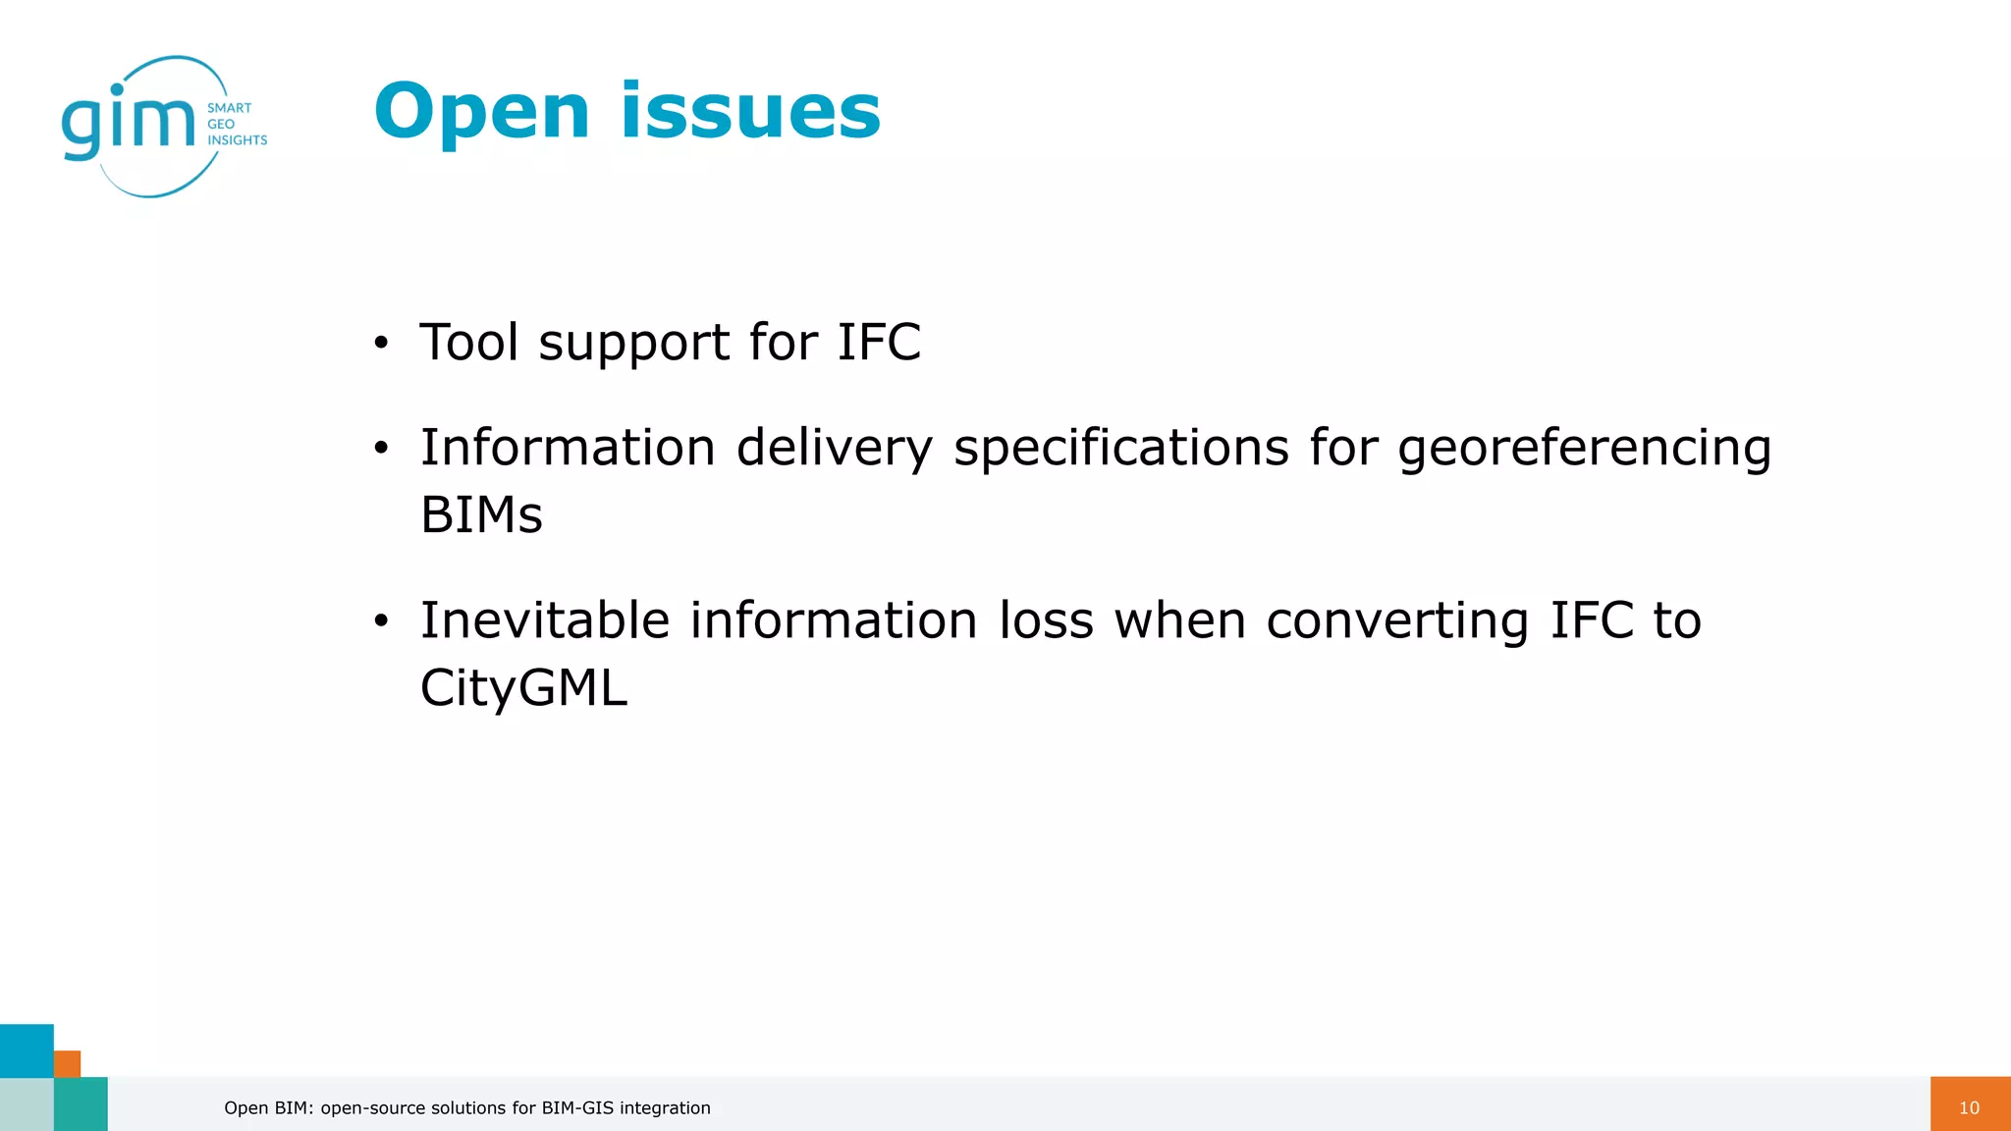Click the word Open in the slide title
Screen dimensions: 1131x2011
point(481,112)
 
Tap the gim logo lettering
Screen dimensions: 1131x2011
point(129,123)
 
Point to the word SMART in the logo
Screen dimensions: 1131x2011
point(229,108)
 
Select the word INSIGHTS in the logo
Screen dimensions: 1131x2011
point(237,140)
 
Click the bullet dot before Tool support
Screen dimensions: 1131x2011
point(381,344)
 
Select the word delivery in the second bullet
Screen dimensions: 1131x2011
point(834,449)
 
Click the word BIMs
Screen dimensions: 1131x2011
point(481,514)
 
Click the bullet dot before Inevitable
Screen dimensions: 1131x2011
point(381,621)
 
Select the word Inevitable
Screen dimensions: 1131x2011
point(545,620)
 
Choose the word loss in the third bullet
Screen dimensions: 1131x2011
point(1046,620)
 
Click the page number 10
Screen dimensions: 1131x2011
point(1969,1107)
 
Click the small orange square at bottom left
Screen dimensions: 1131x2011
point(67,1063)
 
